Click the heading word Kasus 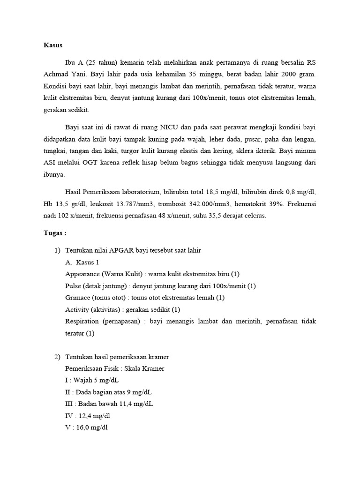tap(53, 45)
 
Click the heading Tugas tap(55, 233)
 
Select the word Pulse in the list tap(74, 286)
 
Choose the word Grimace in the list tap(78, 298)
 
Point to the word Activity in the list tap(77, 309)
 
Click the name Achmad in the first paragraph tap(52, 75)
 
